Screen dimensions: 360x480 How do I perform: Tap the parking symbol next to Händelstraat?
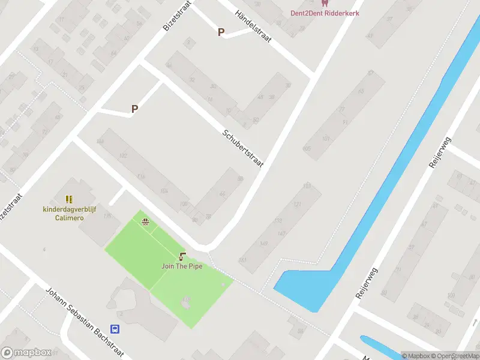pos(221,32)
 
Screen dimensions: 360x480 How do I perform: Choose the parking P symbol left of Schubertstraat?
pos(135,109)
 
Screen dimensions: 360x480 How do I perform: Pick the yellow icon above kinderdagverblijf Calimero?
pos(69,199)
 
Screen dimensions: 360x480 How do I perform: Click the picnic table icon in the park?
pos(145,222)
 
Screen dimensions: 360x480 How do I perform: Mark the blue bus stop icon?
pos(115,329)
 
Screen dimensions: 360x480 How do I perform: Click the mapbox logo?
pos(26,353)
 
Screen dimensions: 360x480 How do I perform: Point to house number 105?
pos(307,148)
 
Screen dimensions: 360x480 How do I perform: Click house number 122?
pos(123,155)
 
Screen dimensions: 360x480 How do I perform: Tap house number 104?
pos(164,191)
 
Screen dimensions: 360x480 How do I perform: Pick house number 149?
pos(263,244)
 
